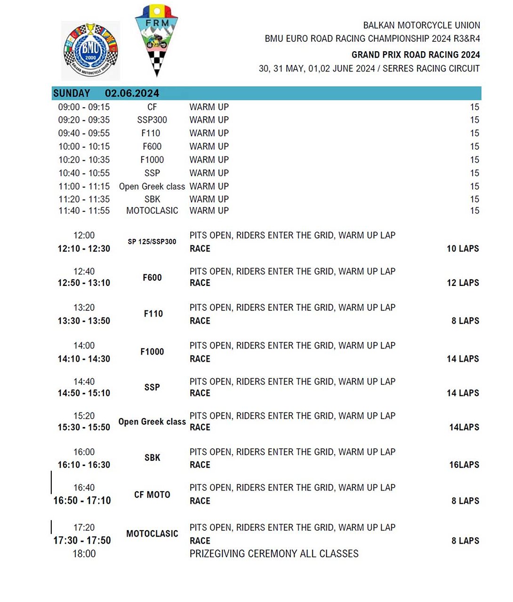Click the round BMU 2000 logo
[90, 50]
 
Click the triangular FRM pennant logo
[156, 40]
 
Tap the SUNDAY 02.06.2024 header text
[106, 93]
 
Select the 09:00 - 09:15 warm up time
[84, 107]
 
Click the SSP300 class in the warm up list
[152, 120]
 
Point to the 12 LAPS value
[463, 283]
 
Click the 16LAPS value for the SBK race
[464, 465]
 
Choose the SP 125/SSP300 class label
[152, 242]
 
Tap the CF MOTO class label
[152, 495]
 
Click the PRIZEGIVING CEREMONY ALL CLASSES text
[274, 554]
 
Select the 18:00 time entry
[84, 554]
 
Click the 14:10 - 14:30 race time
[84, 359]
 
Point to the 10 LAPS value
[463, 248]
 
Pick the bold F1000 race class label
[152, 352]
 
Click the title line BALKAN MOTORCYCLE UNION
[421, 25]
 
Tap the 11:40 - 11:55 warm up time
[84, 211]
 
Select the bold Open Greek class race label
[152, 422]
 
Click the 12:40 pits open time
[84, 271]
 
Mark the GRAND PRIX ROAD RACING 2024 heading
[416, 55]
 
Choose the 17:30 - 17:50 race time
[82, 540]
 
